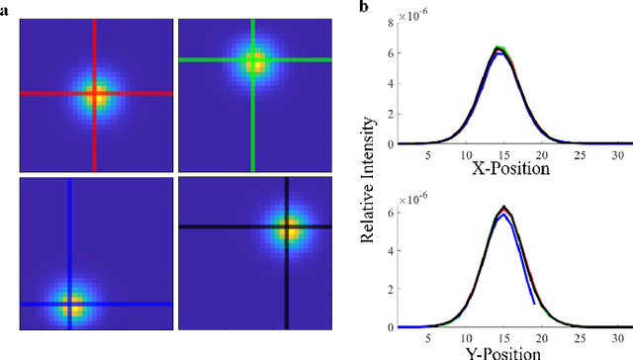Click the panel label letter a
tap(7, 9)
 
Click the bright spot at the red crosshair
tap(95, 95)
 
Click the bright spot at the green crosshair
tap(255, 62)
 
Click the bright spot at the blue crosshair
tap(70, 304)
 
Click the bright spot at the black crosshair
tap(288, 227)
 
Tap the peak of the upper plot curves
tap(500, 46)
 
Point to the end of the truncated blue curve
tap(535, 303)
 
